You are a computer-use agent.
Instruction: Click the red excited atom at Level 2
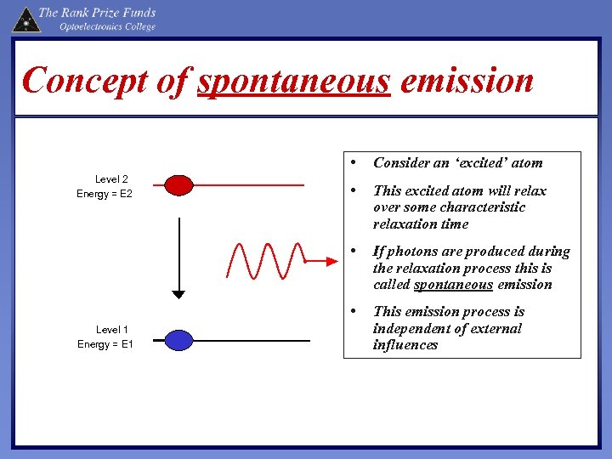(x=178, y=184)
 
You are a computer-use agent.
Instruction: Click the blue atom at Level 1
(x=178, y=340)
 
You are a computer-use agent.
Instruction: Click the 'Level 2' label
(x=111, y=179)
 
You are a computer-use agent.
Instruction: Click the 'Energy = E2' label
(x=105, y=195)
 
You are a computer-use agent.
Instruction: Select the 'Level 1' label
(x=112, y=330)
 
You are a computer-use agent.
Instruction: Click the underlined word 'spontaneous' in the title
(x=293, y=82)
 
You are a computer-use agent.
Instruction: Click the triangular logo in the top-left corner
(x=25, y=19)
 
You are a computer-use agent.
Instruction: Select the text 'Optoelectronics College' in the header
(x=107, y=27)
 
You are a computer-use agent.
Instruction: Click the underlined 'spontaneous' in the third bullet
(x=453, y=285)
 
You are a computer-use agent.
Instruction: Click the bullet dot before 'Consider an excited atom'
(x=351, y=161)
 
